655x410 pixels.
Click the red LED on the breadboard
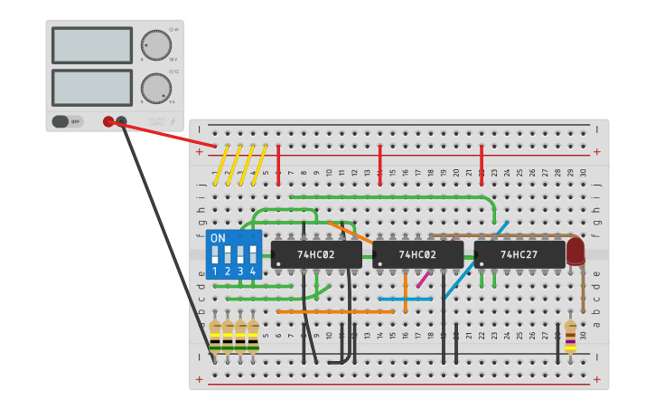575,251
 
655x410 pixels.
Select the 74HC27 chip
519,254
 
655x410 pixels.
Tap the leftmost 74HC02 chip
316,254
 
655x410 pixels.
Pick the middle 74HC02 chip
417,254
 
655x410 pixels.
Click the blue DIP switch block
233,254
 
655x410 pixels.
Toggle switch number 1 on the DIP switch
215,256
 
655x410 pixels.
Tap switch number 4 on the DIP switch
253,256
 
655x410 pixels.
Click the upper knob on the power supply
155,45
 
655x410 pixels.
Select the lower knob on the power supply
155,89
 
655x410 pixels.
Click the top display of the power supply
92,45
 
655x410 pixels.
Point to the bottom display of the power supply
92,88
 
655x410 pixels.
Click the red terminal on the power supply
108,121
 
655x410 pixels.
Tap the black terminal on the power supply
121,121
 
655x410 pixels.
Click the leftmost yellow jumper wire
220,166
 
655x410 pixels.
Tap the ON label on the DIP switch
218,238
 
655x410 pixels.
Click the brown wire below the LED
583,290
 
